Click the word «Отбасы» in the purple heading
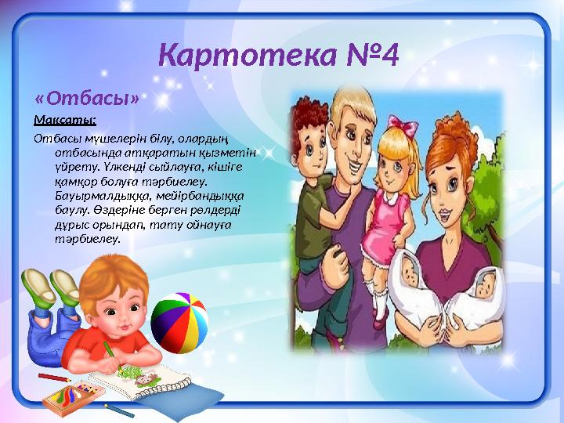(88, 99)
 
